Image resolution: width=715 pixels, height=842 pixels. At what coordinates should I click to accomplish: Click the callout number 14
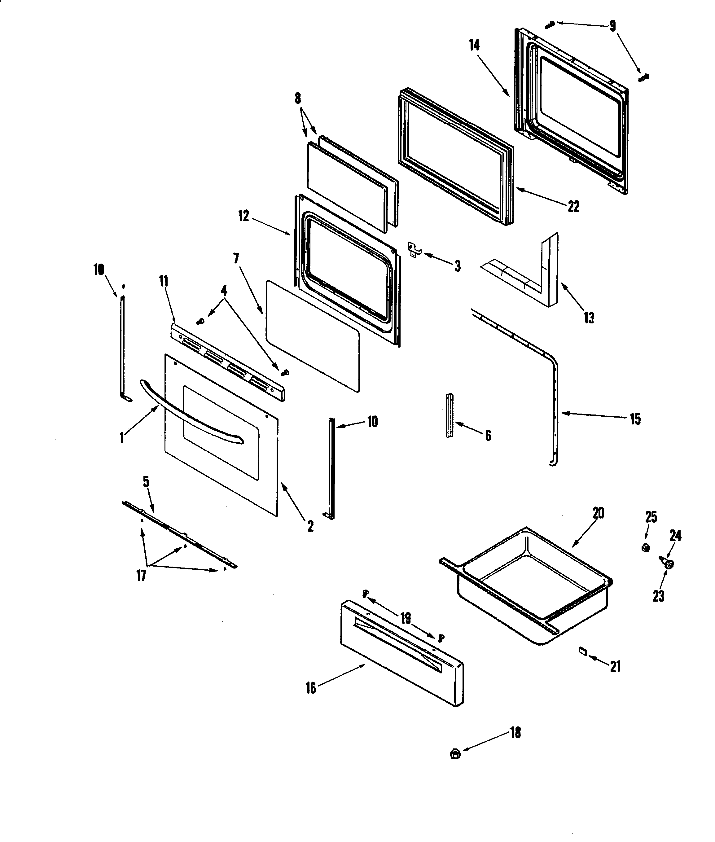(x=474, y=46)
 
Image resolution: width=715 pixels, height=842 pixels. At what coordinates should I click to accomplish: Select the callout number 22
(x=573, y=206)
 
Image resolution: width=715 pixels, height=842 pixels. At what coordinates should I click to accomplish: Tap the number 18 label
(x=515, y=733)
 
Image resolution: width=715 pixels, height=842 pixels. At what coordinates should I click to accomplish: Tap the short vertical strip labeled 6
(x=450, y=415)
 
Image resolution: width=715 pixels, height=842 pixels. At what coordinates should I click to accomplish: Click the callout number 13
(x=589, y=318)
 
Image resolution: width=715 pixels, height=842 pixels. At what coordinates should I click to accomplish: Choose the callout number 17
(x=141, y=576)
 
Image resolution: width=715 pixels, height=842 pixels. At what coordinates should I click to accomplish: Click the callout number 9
(x=612, y=26)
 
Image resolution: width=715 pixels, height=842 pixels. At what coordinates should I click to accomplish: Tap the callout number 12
(x=243, y=216)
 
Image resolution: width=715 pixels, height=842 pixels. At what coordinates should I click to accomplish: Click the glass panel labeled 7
(x=312, y=336)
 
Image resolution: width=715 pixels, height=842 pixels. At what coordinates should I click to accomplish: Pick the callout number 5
(x=146, y=482)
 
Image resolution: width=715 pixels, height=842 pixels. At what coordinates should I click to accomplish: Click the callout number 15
(x=635, y=419)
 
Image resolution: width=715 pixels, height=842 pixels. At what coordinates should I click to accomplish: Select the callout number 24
(x=675, y=536)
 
